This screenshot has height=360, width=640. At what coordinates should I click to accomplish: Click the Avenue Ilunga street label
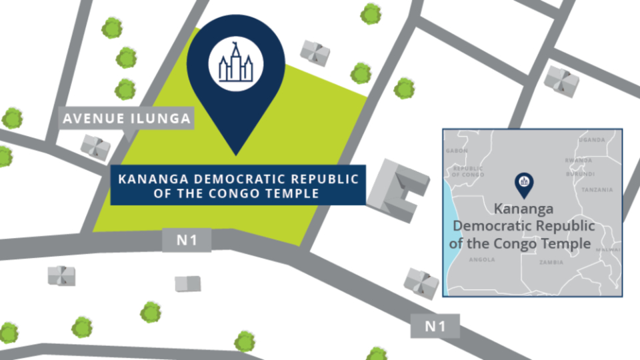coord(127,119)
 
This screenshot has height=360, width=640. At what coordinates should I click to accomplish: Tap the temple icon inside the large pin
coord(235,65)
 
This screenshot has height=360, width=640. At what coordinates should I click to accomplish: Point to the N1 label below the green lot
coord(187,241)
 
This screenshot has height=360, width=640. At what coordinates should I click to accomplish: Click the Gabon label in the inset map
coord(457,151)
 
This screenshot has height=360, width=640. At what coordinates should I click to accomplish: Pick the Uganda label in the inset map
coord(592,140)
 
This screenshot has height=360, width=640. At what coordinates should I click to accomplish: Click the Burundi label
coord(580,173)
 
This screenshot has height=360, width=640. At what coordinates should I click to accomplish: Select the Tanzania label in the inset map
coord(597,190)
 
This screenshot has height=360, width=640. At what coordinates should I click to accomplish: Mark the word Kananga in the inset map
coord(523,209)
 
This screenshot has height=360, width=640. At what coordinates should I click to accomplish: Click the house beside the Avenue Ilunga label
coord(95,146)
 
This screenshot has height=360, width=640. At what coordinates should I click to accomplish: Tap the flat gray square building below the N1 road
coord(187,283)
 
